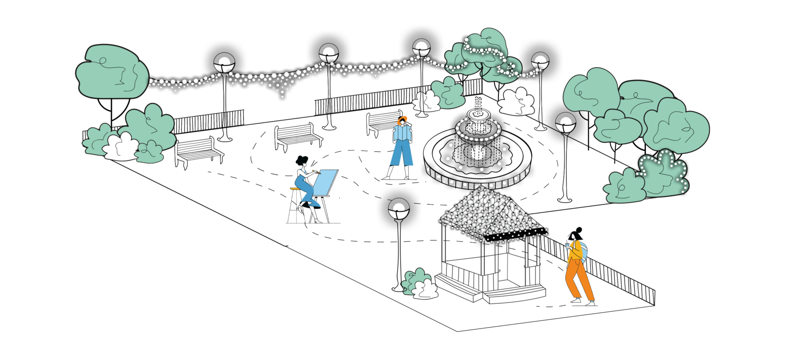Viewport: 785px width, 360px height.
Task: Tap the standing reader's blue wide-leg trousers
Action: (401, 154)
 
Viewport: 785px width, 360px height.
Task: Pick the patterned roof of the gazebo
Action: (491, 210)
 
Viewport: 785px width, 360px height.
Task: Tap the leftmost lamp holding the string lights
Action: (224, 64)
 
